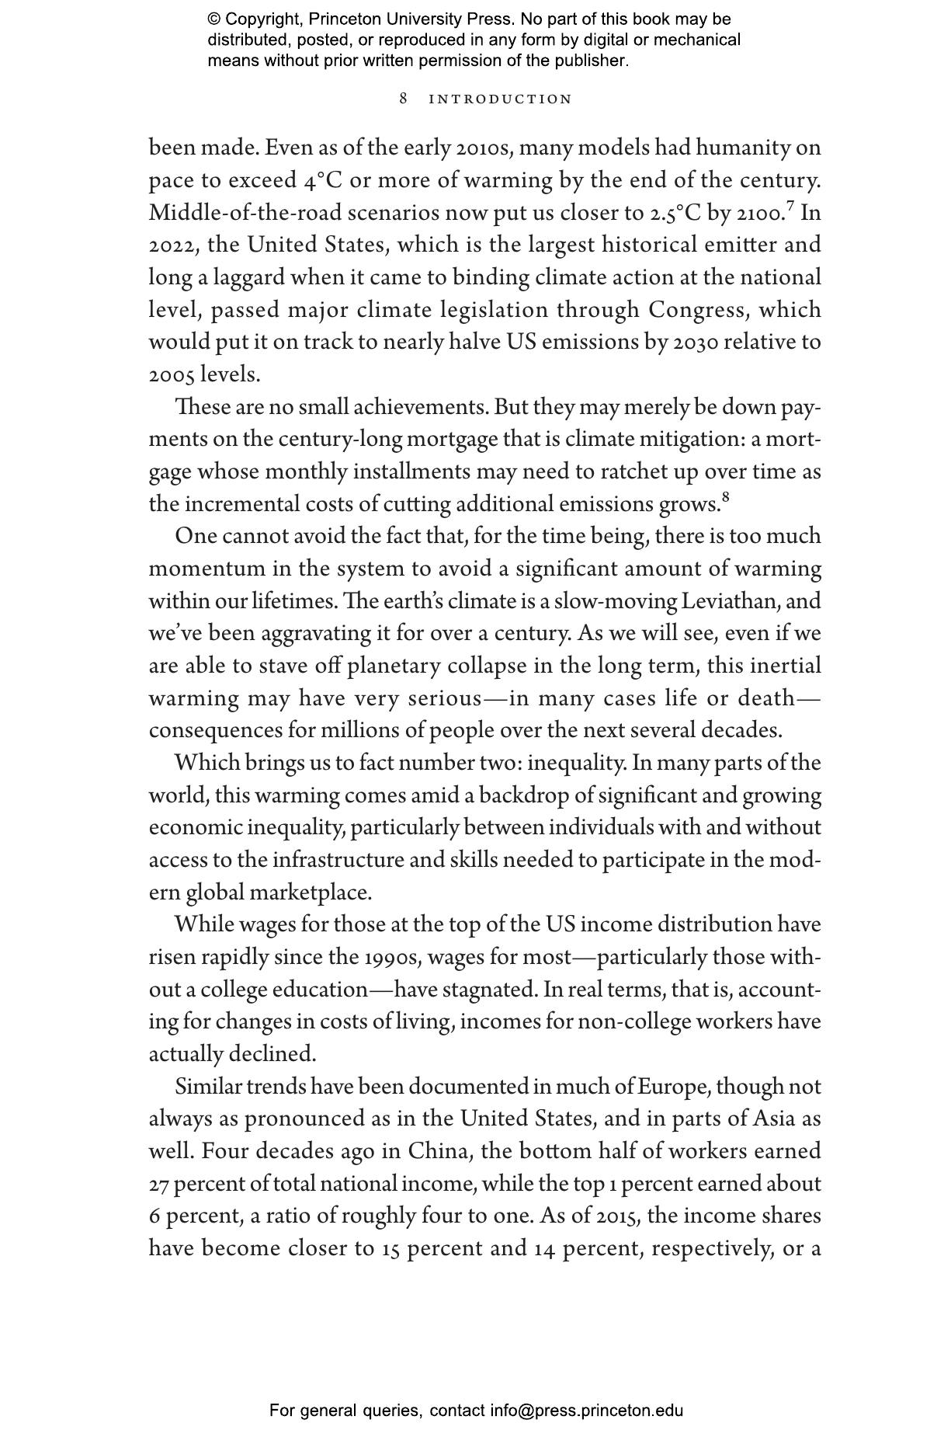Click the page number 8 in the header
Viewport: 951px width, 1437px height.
(x=403, y=99)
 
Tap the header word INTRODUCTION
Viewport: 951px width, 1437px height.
(x=501, y=99)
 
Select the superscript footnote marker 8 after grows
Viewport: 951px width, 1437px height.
(x=726, y=497)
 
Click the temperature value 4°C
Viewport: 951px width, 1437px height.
(x=323, y=180)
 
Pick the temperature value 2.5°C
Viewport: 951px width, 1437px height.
(x=675, y=213)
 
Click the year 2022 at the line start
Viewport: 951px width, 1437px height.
(x=175, y=245)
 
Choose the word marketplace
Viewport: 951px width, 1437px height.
(x=308, y=892)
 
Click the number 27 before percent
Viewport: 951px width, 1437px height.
(x=158, y=1184)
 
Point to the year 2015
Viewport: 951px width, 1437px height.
(x=617, y=1216)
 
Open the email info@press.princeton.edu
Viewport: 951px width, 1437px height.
(x=586, y=1410)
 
